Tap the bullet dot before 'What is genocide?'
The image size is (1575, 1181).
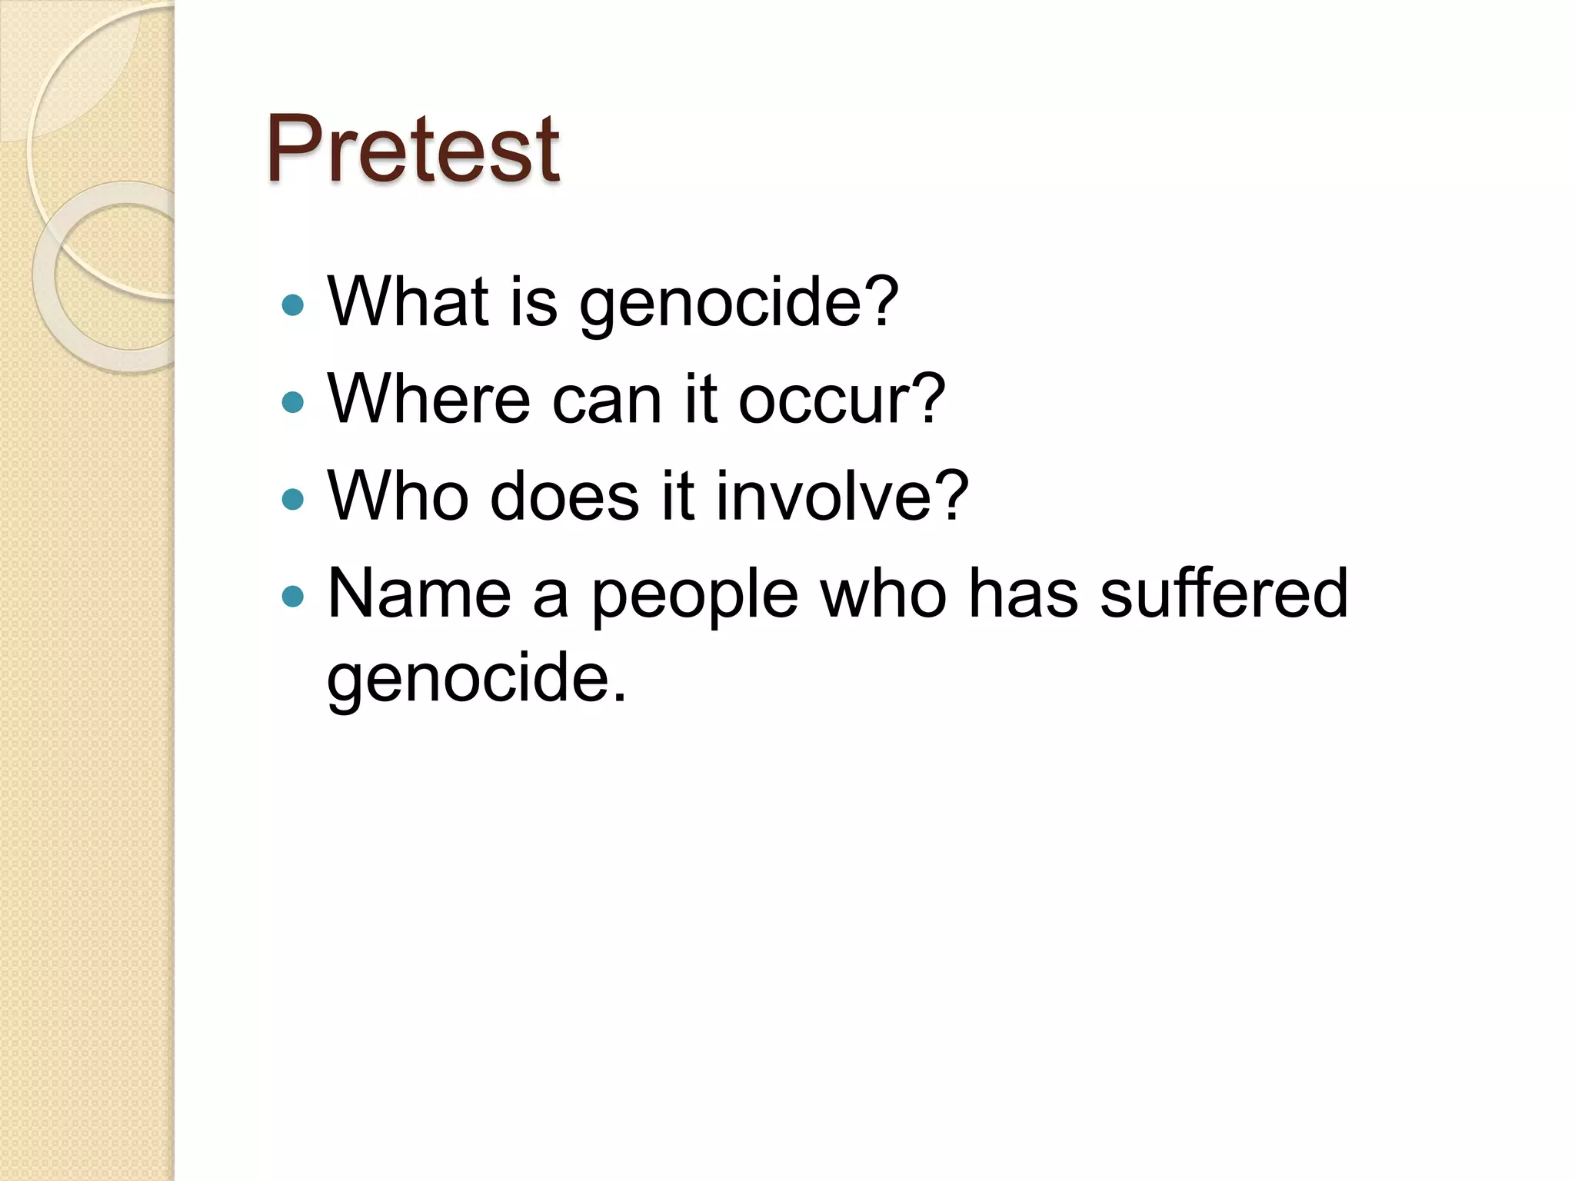(293, 306)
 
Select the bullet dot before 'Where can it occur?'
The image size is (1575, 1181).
(293, 402)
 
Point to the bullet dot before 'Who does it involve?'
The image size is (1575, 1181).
(293, 500)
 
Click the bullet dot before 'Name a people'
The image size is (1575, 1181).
(293, 596)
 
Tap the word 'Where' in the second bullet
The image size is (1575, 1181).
(428, 399)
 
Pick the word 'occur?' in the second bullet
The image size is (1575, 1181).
(841, 399)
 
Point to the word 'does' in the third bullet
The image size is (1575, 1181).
(564, 497)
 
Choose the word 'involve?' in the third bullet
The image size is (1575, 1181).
(842, 497)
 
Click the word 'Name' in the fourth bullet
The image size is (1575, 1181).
(419, 594)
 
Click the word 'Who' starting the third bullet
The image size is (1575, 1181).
(398, 497)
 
